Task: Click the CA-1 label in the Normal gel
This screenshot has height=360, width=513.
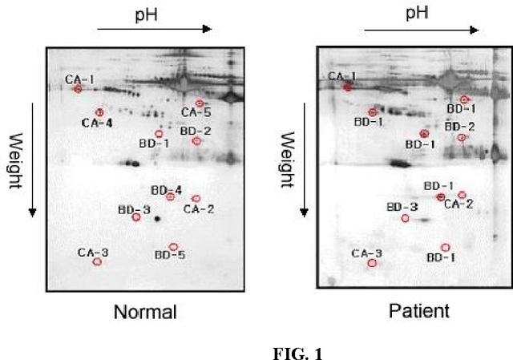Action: [x=80, y=79]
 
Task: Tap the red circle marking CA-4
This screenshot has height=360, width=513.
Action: [x=99, y=112]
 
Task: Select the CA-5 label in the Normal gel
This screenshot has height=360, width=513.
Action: [x=196, y=113]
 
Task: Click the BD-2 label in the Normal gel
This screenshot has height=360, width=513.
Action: [x=196, y=131]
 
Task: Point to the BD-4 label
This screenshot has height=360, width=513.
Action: [x=167, y=190]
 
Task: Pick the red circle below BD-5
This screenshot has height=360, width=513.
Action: [x=173, y=246]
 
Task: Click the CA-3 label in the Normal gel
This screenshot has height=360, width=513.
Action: [x=93, y=252]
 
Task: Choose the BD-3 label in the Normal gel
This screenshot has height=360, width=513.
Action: [x=134, y=210]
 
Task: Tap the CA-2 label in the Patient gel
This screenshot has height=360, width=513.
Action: [x=458, y=204]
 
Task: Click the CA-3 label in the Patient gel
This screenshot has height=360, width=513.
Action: [x=367, y=253]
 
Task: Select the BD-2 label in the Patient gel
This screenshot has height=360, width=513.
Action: [x=460, y=127]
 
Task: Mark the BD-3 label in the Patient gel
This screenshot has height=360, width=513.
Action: [x=402, y=207]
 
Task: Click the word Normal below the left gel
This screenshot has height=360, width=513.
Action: [x=144, y=312]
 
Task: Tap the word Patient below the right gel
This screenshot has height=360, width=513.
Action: [x=419, y=311]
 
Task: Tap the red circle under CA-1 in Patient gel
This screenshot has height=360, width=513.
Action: [x=348, y=87]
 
